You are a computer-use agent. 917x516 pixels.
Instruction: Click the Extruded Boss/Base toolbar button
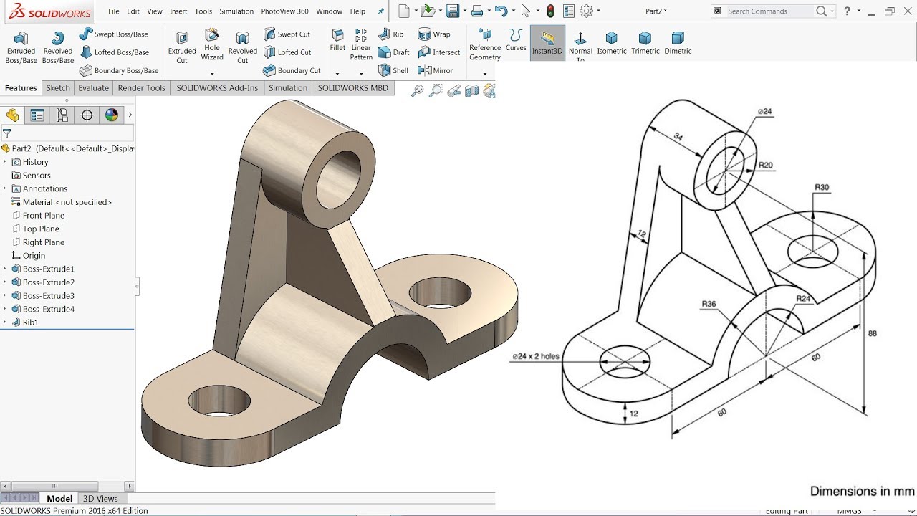point(21,47)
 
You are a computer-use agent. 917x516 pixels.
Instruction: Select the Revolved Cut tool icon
point(242,47)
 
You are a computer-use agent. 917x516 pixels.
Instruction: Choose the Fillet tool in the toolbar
point(337,40)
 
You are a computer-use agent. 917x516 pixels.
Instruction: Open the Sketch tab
point(58,88)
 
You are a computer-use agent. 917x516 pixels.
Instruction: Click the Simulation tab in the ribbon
point(287,88)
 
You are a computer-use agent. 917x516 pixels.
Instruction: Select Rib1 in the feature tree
point(30,322)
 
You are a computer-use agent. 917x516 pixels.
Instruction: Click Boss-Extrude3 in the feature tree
point(48,296)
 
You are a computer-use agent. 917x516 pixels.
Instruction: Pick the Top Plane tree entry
point(41,229)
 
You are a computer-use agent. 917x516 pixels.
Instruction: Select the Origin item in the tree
point(34,256)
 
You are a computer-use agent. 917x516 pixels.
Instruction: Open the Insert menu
point(178,11)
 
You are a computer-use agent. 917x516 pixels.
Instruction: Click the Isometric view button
point(611,43)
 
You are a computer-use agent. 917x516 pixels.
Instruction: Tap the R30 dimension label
point(822,188)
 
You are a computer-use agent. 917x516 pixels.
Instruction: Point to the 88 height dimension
point(872,333)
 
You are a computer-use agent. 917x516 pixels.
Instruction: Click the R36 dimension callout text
point(708,305)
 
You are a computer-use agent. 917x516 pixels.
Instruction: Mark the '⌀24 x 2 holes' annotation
point(535,356)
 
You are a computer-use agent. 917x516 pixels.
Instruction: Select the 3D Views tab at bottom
point(100,499)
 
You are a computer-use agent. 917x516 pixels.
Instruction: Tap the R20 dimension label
point(766,166)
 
